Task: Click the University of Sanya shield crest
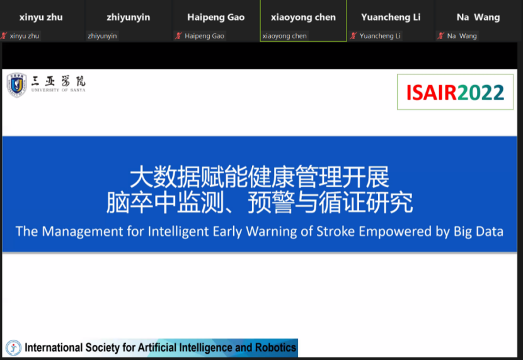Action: tap(16, 85)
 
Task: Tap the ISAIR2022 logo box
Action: tap(455, 92)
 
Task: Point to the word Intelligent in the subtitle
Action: tap(178, 231)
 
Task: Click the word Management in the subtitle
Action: tap(83, 231)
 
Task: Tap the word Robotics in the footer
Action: tap(275, 347)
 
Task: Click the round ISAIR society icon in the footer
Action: tap(14, 348)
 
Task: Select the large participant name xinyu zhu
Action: tap(41, 18)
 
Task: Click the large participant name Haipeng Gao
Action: tap(216, 18)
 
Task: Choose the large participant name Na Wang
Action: tap(478, 18)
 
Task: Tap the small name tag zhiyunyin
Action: tap(102, 36)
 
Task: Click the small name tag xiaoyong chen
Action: tap(284, 36)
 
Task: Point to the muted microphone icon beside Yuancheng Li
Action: tap(353, 36)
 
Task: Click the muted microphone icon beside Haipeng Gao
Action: tap(179, 36)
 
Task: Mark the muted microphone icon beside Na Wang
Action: tap(441, 36)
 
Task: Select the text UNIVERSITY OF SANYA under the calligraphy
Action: tap(59, 90)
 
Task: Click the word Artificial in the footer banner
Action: tap(157, 347)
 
